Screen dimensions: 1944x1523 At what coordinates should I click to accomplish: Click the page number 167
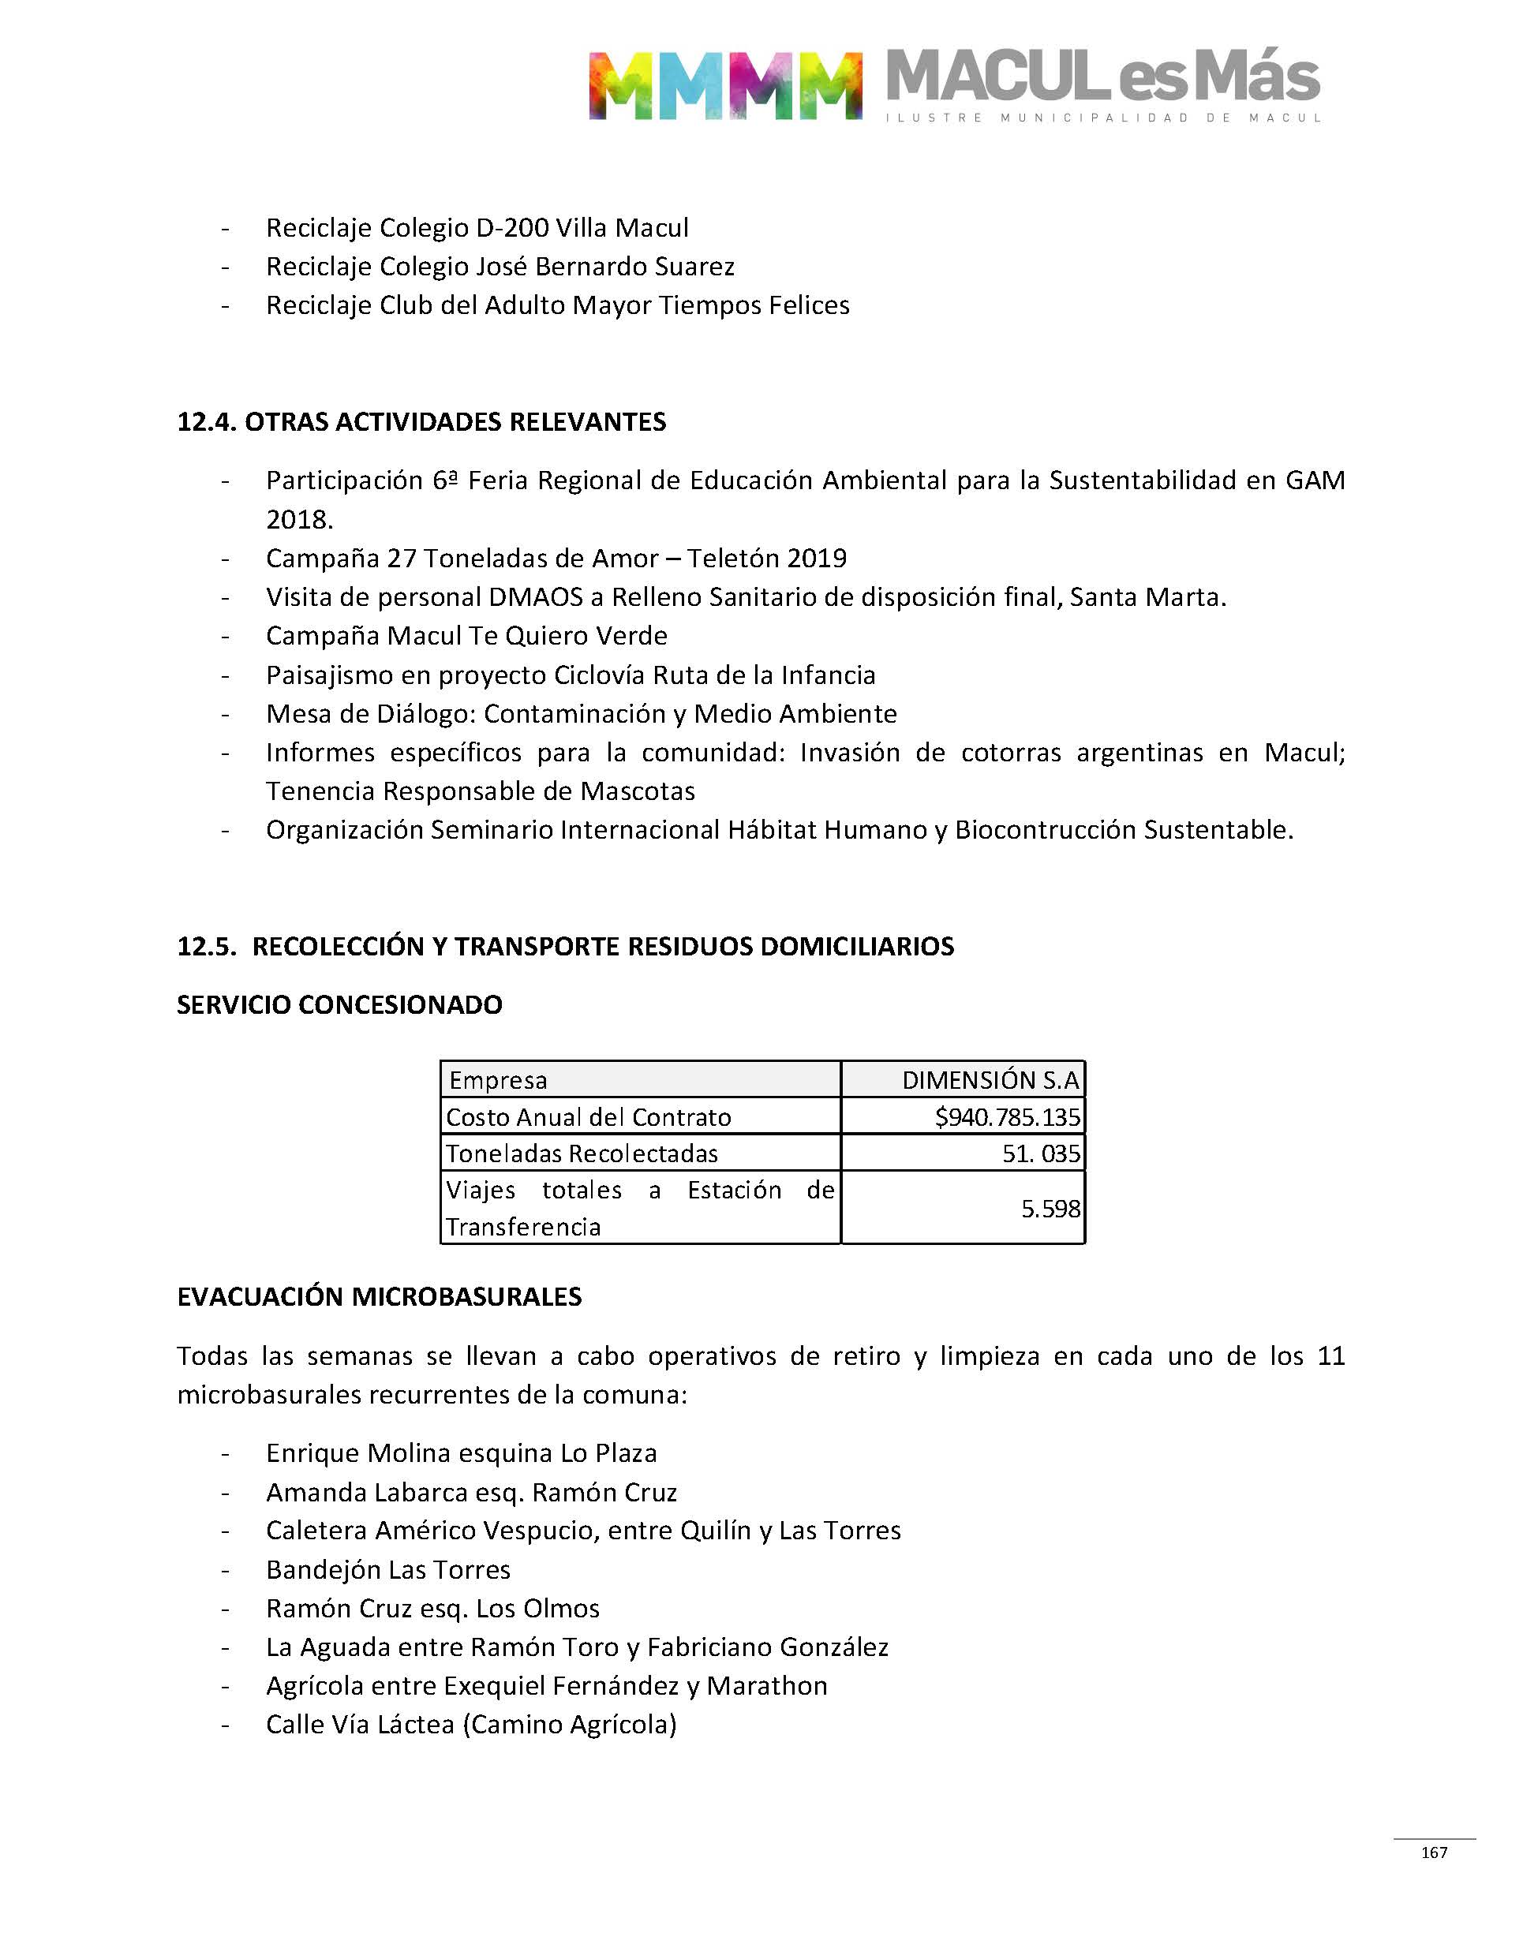[1434, 1852]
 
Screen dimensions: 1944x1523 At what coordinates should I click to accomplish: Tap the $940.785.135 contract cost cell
[1007, 1117]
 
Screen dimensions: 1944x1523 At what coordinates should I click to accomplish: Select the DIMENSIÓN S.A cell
[990, 1080]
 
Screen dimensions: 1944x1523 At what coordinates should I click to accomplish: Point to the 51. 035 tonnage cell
[1041, 1153]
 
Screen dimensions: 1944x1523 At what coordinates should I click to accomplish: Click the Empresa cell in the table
[499, 1080]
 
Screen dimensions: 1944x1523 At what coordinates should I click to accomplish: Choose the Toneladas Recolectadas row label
[582, 1153]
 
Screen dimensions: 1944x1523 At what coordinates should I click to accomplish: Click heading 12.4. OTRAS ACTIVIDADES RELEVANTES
[421, 421]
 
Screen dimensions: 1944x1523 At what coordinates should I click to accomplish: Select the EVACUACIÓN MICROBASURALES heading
[379, 1296]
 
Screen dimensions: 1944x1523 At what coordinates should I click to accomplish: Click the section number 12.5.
[206, 946]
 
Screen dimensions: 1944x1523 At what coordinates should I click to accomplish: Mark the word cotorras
[1010, 753]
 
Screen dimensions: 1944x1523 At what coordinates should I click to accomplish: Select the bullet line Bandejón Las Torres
[388, 1570]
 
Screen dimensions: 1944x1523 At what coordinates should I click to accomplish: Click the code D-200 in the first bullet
[513, 228]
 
